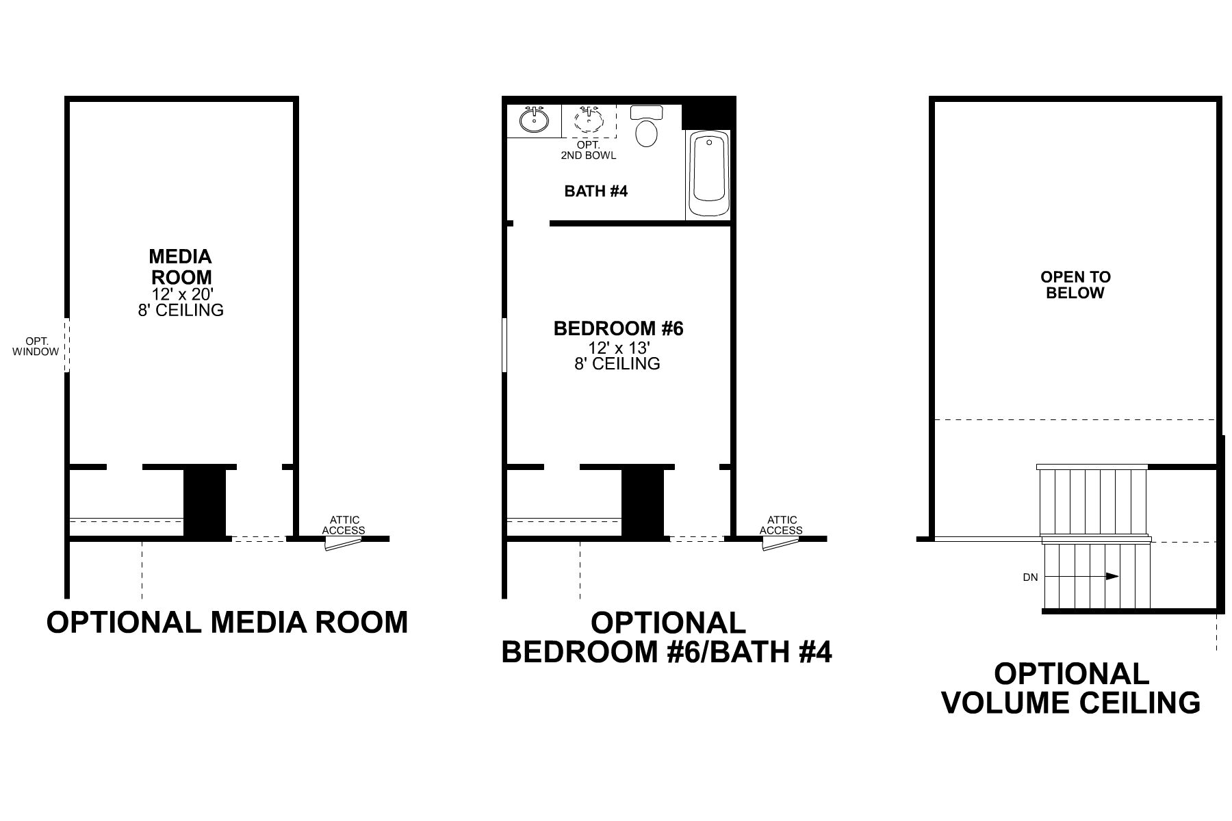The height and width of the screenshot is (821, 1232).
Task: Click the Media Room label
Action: [x=181, y=267]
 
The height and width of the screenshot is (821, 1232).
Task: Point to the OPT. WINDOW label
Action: [x=36, y=346]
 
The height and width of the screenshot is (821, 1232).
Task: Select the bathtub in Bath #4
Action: [x=708, y=174]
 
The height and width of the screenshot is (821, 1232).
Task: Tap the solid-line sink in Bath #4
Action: [x=534, y=120]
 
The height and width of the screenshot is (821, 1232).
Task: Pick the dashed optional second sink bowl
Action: [x=589, y=120]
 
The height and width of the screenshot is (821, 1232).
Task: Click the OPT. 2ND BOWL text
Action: [x=589, y=150]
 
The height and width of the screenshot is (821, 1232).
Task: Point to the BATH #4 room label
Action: [x=595, y=191]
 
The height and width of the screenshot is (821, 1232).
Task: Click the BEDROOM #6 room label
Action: [x=619, y=328]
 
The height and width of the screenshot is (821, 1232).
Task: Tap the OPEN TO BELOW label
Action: [x=1076, y=285]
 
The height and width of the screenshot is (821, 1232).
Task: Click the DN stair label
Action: [x=1031, y=577]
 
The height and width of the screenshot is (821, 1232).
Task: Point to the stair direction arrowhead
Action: [x=1112, y=576]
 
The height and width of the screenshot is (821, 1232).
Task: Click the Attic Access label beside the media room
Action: [x=344, y=525]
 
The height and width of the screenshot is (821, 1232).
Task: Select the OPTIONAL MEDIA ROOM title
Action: [x=227, y=623]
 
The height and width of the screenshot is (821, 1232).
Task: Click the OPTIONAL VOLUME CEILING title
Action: [x=1071, y=688]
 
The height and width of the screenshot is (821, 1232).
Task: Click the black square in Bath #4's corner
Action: [x=708, y=113]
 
